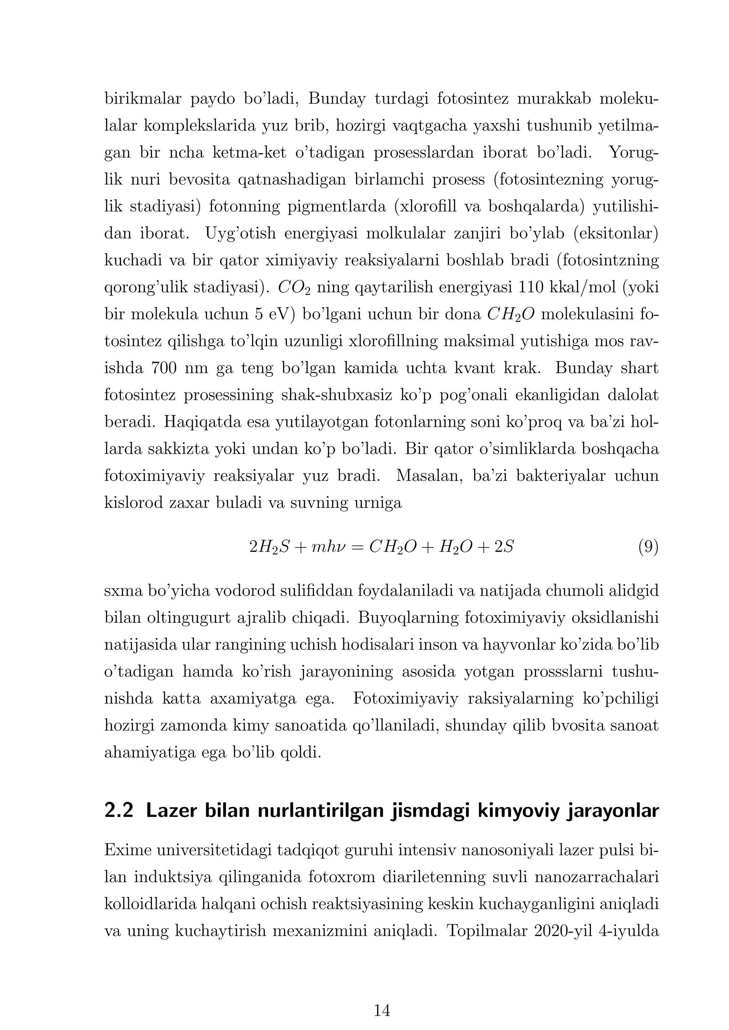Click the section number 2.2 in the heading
119,811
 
